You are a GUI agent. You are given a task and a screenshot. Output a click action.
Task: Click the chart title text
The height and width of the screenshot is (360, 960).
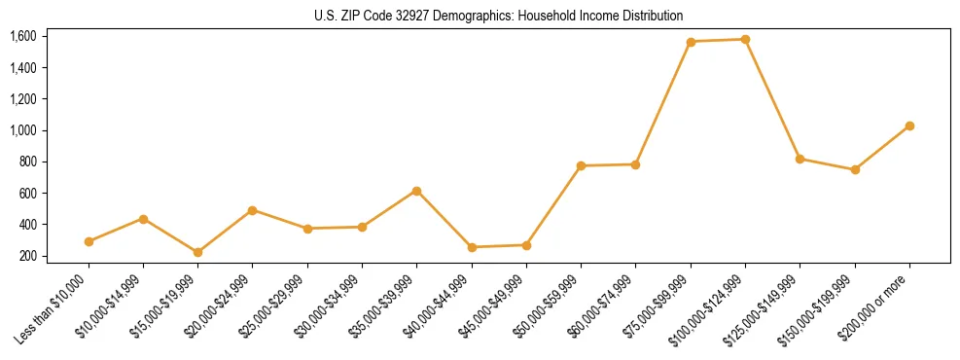tap(499, 16)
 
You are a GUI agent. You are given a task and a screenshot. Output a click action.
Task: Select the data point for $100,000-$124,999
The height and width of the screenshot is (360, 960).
tap(745, 40)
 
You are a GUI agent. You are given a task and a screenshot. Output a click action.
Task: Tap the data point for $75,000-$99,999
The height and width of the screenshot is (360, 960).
tap(691, 42)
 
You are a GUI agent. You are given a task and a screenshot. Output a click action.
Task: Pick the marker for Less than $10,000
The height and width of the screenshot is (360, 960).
tap(89, 241)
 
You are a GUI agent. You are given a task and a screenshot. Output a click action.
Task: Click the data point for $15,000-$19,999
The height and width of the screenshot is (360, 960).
tap(198, 252)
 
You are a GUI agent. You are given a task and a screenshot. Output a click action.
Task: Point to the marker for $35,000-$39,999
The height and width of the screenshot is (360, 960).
tap(417, 191)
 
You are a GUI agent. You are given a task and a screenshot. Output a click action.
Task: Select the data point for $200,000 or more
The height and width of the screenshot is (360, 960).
tap(909, 126)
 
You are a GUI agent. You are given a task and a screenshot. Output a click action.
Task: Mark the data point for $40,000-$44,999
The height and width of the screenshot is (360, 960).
tap(472, 247)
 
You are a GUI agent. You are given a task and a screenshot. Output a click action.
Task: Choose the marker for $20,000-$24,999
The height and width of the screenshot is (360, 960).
tap(253, 210)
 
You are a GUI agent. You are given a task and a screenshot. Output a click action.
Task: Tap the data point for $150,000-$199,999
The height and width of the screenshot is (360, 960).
tap(855, 169)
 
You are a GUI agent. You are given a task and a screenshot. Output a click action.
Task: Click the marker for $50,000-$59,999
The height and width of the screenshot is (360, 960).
tap(581, 166)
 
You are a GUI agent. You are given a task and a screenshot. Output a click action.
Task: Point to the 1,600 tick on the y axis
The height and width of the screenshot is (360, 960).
tap(22, 36)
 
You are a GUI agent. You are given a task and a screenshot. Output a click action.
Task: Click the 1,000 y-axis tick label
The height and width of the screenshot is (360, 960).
tap(22, 130)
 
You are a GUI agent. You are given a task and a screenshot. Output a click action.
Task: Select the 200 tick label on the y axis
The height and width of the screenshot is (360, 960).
tap(26, 256)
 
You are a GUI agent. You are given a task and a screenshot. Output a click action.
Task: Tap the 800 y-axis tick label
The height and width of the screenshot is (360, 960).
tap(26, 162)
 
